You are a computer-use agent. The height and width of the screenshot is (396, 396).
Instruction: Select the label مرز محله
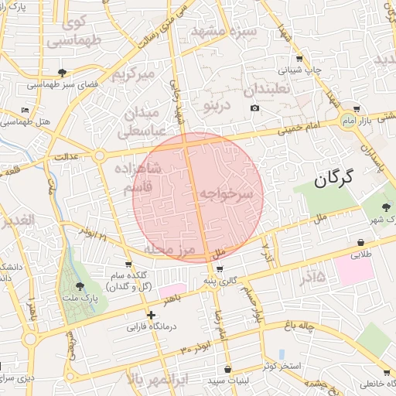167,249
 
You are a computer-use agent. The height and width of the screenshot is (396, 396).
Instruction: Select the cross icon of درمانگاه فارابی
151,315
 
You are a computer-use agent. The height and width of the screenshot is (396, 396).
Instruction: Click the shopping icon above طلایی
361,242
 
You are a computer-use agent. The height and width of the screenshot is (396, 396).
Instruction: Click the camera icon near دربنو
254,108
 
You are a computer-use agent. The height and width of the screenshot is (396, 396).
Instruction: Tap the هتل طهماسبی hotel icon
26,110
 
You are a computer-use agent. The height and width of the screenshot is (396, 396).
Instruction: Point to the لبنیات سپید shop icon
227,370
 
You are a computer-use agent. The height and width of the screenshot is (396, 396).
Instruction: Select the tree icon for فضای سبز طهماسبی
62,73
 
